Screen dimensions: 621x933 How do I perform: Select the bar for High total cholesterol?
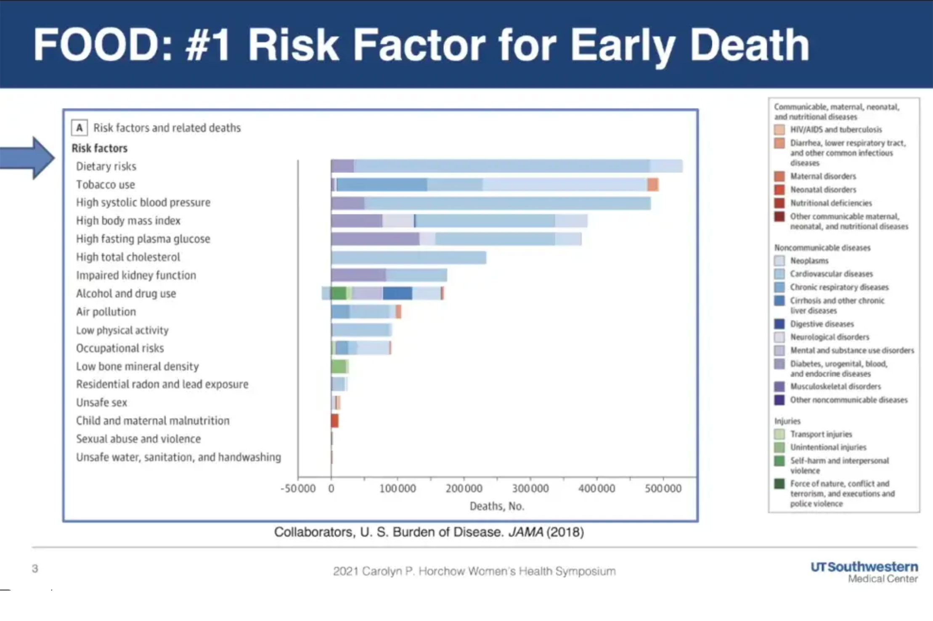[408, 257]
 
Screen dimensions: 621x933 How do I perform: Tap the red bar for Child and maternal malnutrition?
[334, 421]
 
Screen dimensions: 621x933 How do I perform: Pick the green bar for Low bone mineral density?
[339, 366]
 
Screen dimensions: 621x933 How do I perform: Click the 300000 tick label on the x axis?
[530, 488]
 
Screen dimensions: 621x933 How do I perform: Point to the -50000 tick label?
[298, 488]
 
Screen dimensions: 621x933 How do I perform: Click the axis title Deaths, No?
[497, 506]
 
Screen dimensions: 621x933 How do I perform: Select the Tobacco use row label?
[106, 185]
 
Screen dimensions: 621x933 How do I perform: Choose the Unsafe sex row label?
[101, 403]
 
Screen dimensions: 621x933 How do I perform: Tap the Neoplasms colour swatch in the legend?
[779, 261]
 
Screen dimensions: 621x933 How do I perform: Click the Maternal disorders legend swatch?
[779, 176]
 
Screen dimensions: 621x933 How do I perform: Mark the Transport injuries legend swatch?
[779, 434]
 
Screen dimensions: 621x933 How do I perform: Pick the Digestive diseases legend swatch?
[779, 324]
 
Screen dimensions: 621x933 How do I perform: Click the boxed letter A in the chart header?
[80, 127]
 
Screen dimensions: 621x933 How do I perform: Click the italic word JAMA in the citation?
[526, 532]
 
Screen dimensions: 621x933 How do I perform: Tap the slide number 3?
[35, 569]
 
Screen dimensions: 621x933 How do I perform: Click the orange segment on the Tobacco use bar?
[653, 185]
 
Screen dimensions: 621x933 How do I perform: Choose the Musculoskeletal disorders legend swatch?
[779, 386]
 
